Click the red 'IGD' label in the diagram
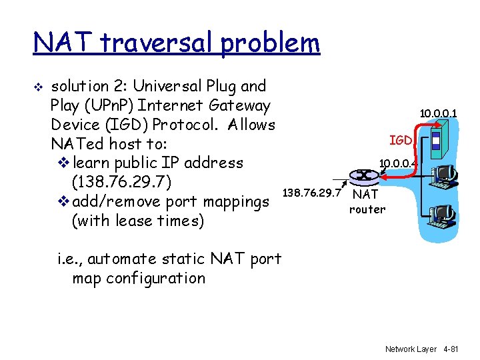click(x=401, y=140)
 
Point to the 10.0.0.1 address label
click(x=438, y=114)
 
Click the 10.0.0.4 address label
click(x=397, y=162)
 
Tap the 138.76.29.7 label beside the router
click(x=312, y=193)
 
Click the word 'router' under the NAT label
click(x=367, y=209)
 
